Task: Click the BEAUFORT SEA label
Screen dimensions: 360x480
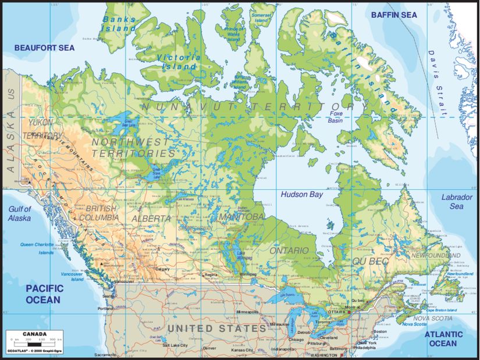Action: (45, 48)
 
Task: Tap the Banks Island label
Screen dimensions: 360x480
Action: (119, 23)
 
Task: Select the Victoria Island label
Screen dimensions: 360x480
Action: (179, 62)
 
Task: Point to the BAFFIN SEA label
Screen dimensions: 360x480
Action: (394, 15)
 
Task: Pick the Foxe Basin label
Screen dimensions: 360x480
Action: (336, 117)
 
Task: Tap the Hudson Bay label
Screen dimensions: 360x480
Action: (301, 195)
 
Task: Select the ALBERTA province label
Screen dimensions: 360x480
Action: (151, 218)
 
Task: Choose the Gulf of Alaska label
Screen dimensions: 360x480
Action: (19, 213)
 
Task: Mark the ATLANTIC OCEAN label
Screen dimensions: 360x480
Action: (443, 339)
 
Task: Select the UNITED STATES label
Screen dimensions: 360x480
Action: (216, 329)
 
